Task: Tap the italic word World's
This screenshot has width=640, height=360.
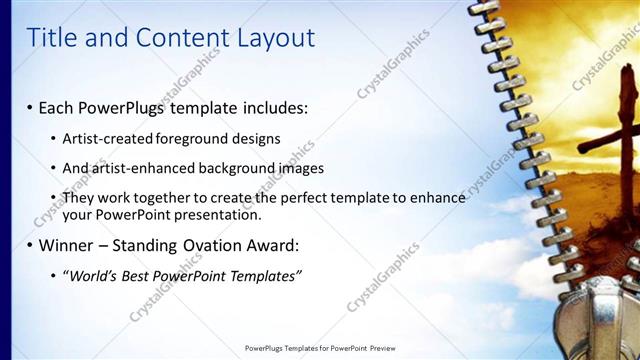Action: point(91,275)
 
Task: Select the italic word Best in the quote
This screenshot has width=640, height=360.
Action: point(136,275)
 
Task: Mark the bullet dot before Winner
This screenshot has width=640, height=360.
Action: point(29,245)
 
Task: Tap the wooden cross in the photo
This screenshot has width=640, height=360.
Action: point(621,130)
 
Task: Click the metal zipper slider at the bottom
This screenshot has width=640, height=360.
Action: point(605,325)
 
